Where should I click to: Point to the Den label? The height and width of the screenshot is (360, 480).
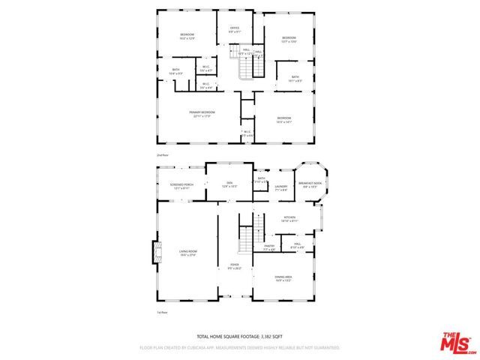(229, 183)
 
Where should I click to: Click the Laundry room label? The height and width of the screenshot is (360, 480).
(281, 187)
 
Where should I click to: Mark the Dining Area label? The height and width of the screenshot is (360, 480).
(283, 277)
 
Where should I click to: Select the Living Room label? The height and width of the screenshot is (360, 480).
(187, 252)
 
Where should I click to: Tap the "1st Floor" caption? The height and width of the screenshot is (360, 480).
(161, 311)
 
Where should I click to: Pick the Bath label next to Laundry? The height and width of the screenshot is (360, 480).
(261, 179)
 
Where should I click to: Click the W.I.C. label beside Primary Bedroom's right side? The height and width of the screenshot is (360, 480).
(247, 133)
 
